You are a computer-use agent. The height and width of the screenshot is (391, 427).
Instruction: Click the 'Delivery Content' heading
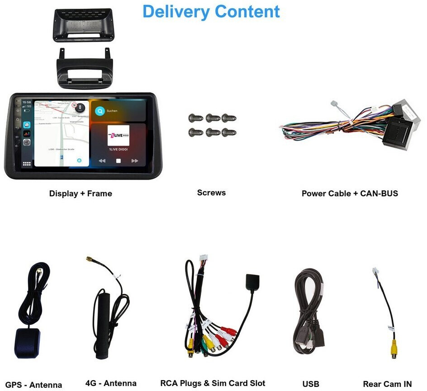tap(211, 12)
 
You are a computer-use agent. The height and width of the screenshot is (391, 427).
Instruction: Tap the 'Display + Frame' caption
tap(81, 193)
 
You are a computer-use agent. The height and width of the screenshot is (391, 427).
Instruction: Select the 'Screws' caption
tap(211, 193)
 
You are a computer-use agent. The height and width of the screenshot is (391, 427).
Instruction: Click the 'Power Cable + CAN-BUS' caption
tap(350, 193)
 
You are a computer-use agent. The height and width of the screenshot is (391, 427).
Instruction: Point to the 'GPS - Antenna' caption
tap(33, 385)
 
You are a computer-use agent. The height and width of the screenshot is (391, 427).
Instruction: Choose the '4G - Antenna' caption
tap(111, 383)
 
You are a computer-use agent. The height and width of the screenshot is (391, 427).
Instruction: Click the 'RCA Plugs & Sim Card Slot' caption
tap(213, 383)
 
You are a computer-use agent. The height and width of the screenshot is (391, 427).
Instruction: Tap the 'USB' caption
tap(311, 384)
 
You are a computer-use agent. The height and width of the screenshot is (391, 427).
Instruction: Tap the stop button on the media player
tap(118, 160)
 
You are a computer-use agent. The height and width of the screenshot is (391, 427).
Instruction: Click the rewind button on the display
tap(102, 160)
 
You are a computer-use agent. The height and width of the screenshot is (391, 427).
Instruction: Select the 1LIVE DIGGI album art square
tap(118, 136)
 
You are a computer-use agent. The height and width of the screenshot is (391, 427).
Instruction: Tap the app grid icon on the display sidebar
tap(27, 164)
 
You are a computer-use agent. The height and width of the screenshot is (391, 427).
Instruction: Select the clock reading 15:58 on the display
tap(27, 103)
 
